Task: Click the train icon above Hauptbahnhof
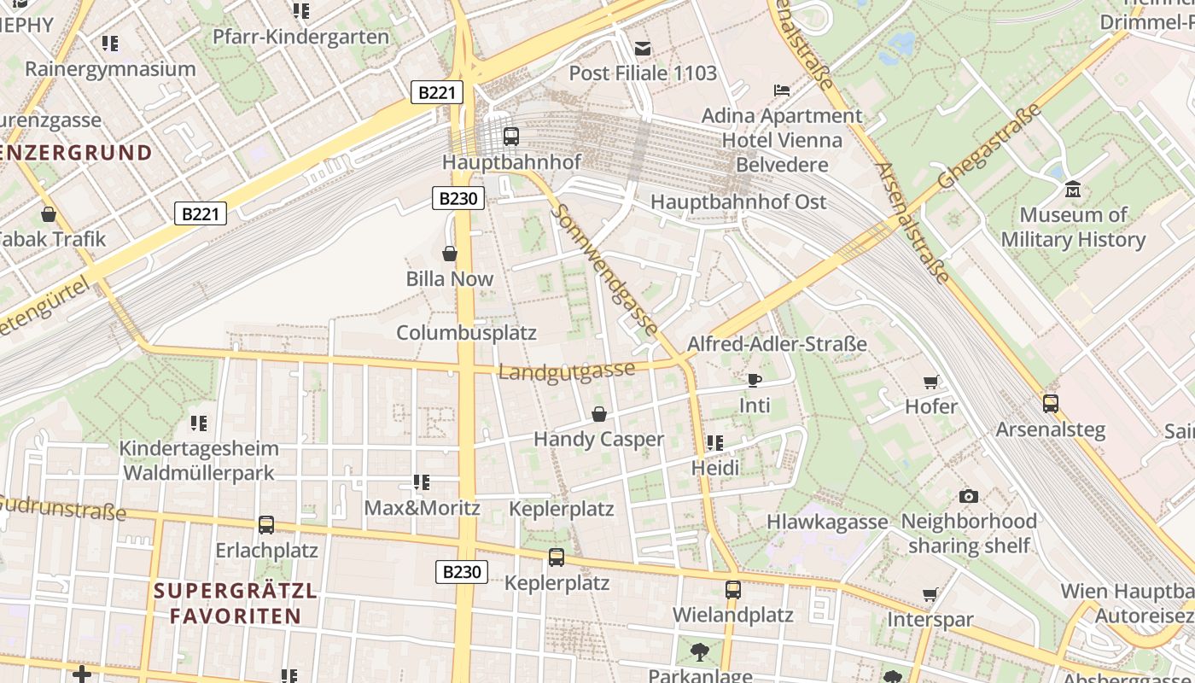(x=510, y=136)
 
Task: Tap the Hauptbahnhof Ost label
(x=738, y=202)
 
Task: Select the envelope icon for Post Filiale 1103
(x=643, y=49)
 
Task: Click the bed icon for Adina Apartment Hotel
(x=782, y=90)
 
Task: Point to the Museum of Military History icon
(x=1073, y=189)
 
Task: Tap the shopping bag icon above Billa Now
(x=450, y=254)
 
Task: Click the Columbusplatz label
(x=466, y=333)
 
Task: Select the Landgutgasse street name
(x=567, y=371)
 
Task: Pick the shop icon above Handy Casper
(x=599, y=414)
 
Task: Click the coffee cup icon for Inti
(x=754, y=380)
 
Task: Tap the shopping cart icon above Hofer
(x=930, y=382)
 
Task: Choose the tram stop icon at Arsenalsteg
(x=1050, y=403)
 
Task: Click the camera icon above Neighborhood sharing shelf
(x=968, y=496)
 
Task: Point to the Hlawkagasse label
(x=827, y=522)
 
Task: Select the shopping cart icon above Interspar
(x=930, y=594)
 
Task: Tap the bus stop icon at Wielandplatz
(x=732, y=589)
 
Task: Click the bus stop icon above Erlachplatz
(x=266, y=525)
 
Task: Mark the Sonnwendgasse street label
(x=606, y=270)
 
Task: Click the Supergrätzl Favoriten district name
(x=235, y=603)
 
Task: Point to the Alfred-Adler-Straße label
(x=777, y=345)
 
